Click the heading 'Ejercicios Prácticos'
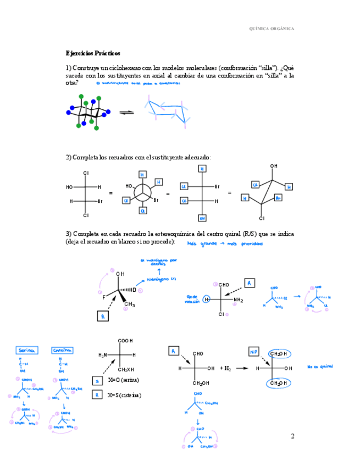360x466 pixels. pos(93,53)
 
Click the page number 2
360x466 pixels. pos(292,436)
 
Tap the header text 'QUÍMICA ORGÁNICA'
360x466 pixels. pos(271,29)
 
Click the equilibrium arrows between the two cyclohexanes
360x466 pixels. pos(127,113)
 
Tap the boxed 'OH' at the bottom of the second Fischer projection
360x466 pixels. pos(202,218)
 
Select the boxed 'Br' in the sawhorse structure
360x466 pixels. pos(278,198)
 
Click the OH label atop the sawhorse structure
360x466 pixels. pos(274,166)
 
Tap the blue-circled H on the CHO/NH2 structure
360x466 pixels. pos(207,299)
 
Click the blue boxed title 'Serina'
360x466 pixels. pos(26,350)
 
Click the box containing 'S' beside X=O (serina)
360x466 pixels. pos(97,380)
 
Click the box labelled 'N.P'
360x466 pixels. pos(254,352)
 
